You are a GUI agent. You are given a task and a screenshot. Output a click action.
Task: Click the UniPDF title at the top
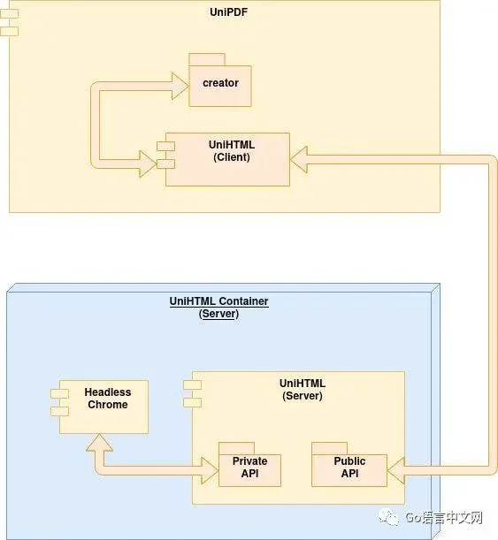coord(228,12)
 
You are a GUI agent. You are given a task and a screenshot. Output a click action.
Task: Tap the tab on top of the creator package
coord(207,59)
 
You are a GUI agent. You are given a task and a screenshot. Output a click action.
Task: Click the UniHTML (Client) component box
coord(227,159)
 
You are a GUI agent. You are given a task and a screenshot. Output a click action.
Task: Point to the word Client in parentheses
coord(232,157)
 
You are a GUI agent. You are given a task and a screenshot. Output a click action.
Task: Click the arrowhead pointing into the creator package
coord(180,86)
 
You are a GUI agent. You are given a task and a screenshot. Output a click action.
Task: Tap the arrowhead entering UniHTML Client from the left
coord(148,164)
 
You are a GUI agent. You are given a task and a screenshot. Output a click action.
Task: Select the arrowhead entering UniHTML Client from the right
coord(299,159)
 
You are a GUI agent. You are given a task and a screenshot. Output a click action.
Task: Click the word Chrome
coord(108,404)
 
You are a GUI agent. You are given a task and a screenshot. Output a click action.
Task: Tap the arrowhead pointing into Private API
coord(210,471)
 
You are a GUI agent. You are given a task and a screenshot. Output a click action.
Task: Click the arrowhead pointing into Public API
coord(396,471)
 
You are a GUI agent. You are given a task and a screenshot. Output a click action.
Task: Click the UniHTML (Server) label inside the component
coord(303,390)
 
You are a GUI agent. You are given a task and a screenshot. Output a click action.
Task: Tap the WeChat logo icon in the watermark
coord(388,518)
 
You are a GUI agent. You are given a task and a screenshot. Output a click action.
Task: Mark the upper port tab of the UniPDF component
coord(9,14)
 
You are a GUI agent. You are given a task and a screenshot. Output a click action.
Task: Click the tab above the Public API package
coord(329,448)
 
